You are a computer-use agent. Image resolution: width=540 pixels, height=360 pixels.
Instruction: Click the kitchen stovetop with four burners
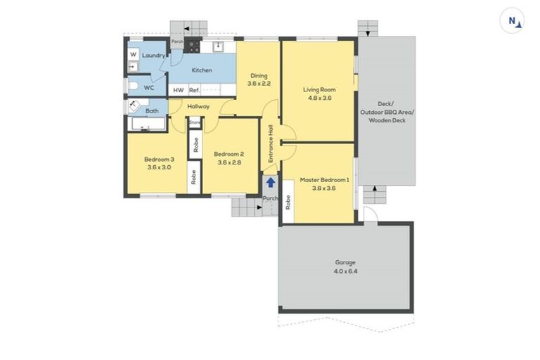coord(192,47)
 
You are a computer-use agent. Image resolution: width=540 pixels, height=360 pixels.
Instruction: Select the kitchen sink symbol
coord(219,47)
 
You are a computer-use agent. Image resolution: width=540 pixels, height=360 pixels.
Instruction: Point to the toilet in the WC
coord(132,86)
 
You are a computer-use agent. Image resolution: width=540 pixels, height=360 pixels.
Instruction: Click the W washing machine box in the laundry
coord(133,54)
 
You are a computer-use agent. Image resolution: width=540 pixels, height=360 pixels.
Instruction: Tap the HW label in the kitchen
coord(179,90)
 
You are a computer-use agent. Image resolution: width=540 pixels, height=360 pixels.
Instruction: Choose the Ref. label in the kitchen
coord(195,90)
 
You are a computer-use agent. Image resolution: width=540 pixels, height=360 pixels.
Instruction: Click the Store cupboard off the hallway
coord(195,122)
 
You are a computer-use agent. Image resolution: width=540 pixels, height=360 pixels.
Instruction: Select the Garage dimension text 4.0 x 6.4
coord(346,271)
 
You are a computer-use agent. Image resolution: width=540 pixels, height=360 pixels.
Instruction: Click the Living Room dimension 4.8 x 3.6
coord(319,98)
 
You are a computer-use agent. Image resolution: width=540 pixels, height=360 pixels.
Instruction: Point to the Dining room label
coord(259,76)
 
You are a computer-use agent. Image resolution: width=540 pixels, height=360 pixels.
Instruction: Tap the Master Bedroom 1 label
coord(325,180)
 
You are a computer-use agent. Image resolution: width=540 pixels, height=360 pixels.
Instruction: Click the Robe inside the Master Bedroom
coord(288,202)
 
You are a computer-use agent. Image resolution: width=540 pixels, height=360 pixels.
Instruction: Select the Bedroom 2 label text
coord(229,154)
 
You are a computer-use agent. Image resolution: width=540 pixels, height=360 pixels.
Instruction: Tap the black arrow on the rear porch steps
coord(188,29)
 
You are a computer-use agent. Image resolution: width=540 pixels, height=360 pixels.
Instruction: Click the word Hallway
coord(199,106)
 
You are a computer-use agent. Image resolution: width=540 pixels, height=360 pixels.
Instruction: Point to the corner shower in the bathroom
coord(133,105)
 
